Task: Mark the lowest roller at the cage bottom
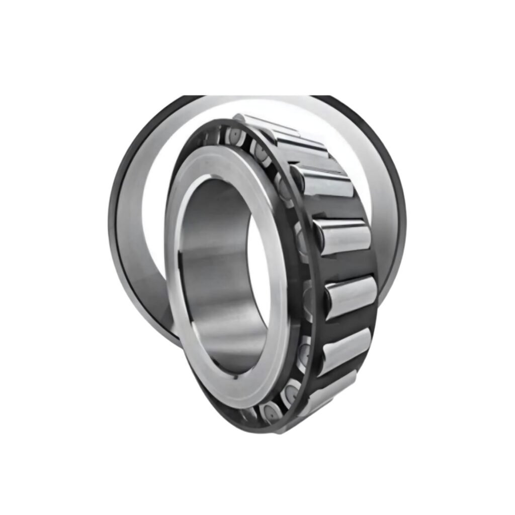327,392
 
